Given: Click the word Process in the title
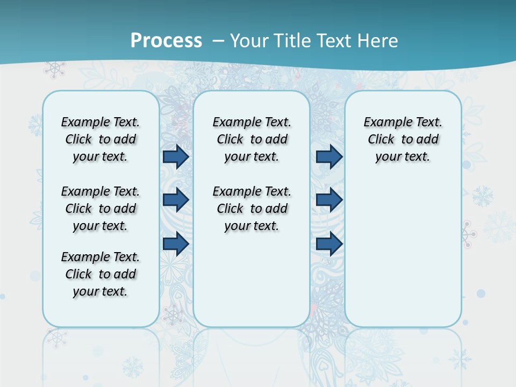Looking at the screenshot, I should click(166, 41).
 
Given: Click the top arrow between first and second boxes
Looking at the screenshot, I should click(176, 157).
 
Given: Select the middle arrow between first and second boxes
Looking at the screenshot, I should click(176, 200).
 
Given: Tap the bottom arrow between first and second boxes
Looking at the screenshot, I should click(176, 244).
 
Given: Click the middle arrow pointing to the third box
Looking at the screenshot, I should click(329, 200).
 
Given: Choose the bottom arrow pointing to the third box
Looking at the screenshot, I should click(329, 244).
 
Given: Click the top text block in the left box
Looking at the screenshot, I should click(101, 139).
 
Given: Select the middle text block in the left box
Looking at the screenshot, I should click(101, 209).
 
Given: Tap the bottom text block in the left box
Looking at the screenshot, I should click(101, 274).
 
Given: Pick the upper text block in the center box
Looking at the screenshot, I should click(252, 139).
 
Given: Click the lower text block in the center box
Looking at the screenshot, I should click(252, 209).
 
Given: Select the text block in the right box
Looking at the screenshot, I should click(403, 139).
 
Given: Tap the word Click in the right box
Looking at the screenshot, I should click(381, 140).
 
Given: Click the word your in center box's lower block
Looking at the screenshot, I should click(236, 226).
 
